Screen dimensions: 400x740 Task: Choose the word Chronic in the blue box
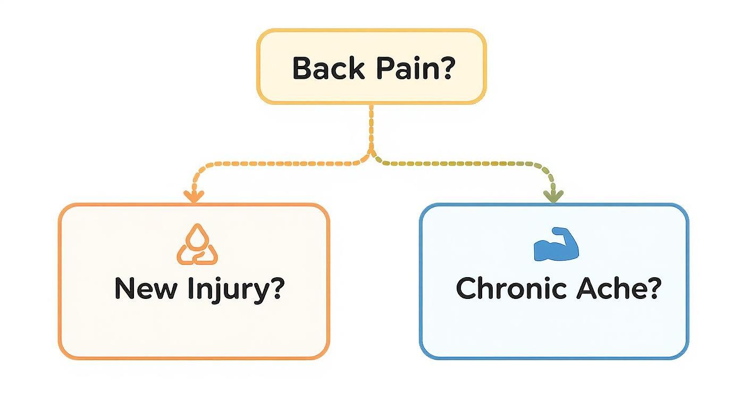512,289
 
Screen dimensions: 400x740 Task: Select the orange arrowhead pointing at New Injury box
194,197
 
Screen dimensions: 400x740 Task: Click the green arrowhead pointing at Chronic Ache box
554,197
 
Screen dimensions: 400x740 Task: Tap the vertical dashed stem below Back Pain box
371,128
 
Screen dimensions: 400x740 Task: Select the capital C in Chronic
467,289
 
